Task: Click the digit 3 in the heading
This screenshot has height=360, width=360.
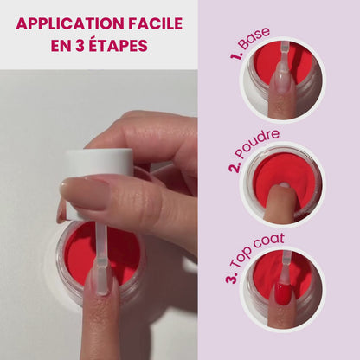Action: point(80,44)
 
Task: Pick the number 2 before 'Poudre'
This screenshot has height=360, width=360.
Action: point(234,164)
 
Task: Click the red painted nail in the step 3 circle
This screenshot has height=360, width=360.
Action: point(283,294)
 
